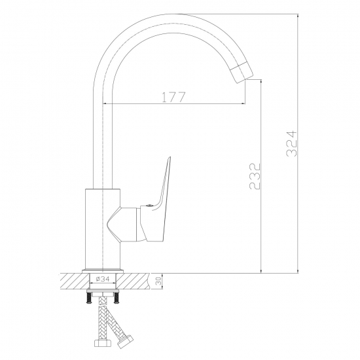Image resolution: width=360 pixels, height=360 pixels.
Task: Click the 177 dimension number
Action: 173,97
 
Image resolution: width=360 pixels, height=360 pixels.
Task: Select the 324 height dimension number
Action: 292,144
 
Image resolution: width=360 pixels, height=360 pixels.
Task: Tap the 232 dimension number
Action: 255,176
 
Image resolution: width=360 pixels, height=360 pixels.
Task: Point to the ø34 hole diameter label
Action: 103,279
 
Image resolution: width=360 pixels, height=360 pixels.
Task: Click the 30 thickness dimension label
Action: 158,281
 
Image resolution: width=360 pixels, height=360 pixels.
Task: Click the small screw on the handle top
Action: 149,206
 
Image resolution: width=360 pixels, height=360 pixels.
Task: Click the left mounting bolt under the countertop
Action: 89,298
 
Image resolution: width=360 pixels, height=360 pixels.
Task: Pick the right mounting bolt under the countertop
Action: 117,298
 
